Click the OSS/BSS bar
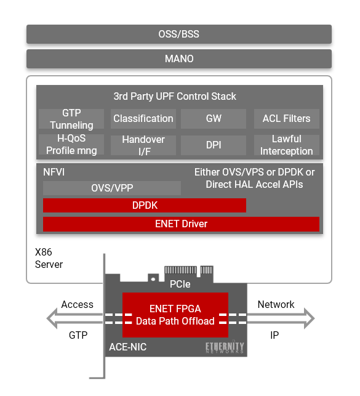point(179,34)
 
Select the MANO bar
point(179,59)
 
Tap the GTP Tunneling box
point(71,119)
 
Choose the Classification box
point(143,119)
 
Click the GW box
point(214,119)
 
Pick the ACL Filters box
point(287,119)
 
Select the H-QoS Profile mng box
point(71,145)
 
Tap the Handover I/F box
point(143,145)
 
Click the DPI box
point(214,145)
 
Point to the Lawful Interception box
point(287,145)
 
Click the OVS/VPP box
point(112,188)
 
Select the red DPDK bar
point(145,205)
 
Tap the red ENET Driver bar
point(181,224)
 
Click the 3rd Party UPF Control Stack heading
point(175,96)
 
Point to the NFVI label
point(54,172)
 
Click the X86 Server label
point(49,258)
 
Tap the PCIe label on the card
point(180,284)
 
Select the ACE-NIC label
point(127,347)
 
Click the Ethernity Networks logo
point(225,347)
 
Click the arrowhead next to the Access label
point(52,318)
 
